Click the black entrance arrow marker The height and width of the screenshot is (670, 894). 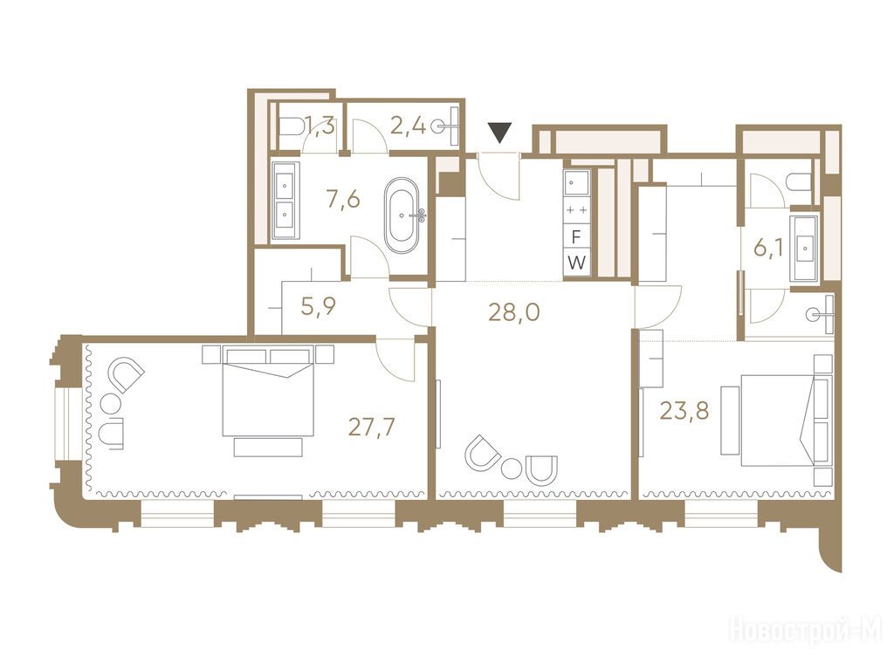click(x=500, y=133)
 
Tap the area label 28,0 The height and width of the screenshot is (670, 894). click(x=514, y=312)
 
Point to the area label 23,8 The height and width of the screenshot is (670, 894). click(x=684, y=410)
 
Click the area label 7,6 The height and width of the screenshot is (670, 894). click(x=342, y=200)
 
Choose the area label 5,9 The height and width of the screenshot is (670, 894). click(x=319, y=306)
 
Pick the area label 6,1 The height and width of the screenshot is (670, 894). click(x=769, y=249)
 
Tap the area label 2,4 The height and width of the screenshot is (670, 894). click(x=409, y=125)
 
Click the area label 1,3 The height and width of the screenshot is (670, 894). click(x=320, y=125)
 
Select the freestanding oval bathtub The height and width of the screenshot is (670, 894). click(x=402, y=216)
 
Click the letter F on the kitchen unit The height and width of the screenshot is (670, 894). click(x=577, y=236)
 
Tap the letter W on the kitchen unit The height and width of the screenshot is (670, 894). click(x=577, y=263)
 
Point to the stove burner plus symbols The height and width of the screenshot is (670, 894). click(x=577, y=210)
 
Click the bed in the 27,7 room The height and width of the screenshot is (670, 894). click(x=267, y=392)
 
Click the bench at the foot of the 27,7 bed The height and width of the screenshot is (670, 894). click(x=267, y=448)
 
